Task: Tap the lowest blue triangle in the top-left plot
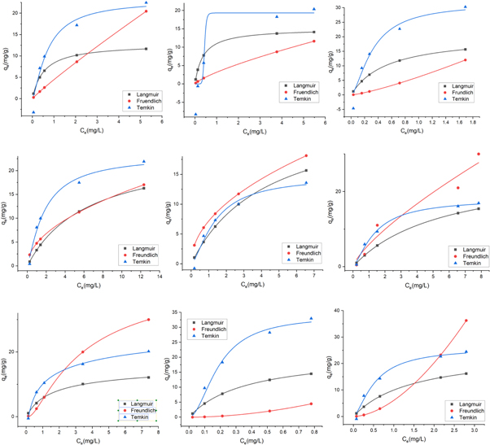coord(33,112)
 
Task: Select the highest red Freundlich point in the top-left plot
coord(146,11)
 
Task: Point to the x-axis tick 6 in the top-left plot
coord(162,123)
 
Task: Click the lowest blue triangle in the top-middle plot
coord(196,115)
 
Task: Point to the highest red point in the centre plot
coord(307,155)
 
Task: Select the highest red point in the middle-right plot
coord(479,154)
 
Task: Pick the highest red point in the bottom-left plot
coord(148,320)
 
